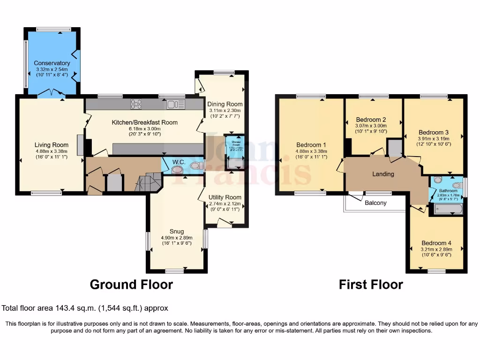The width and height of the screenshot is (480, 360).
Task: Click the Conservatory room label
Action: pos(52,63)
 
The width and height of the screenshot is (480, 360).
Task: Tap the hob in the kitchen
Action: pos(136,104)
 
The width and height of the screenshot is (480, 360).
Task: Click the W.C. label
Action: pos(179,162)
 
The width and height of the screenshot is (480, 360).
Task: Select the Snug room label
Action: pos(177,231)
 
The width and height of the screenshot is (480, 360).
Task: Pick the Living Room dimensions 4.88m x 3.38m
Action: pos(52,151)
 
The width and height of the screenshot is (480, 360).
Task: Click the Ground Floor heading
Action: pos(131,285)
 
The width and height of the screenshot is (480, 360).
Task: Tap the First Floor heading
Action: pos(371,285)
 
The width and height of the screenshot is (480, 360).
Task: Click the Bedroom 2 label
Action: pos(371,119)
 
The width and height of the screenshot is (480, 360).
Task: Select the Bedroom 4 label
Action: pos(436,243)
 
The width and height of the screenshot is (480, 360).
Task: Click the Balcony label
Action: pos(375,203)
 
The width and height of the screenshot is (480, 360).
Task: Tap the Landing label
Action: pos(383,174)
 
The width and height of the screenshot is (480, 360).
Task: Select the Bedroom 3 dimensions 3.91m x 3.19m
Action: pos(434,139)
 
